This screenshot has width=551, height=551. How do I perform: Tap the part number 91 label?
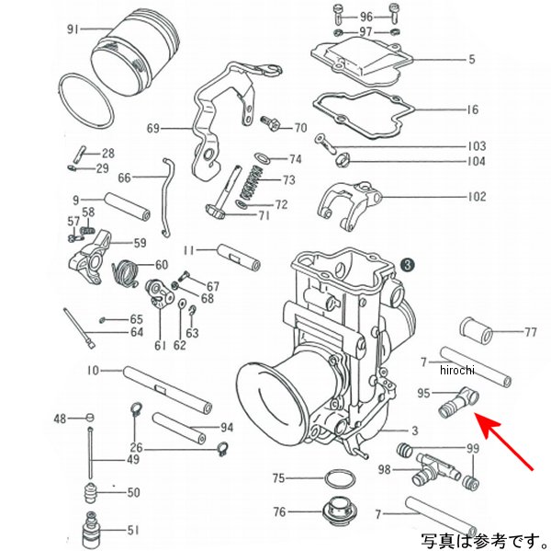pos(73,29)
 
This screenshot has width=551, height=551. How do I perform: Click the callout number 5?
pos(472,61)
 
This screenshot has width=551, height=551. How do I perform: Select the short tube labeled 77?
pos(475,328)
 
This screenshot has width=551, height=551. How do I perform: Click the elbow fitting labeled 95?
pos(459,405)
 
